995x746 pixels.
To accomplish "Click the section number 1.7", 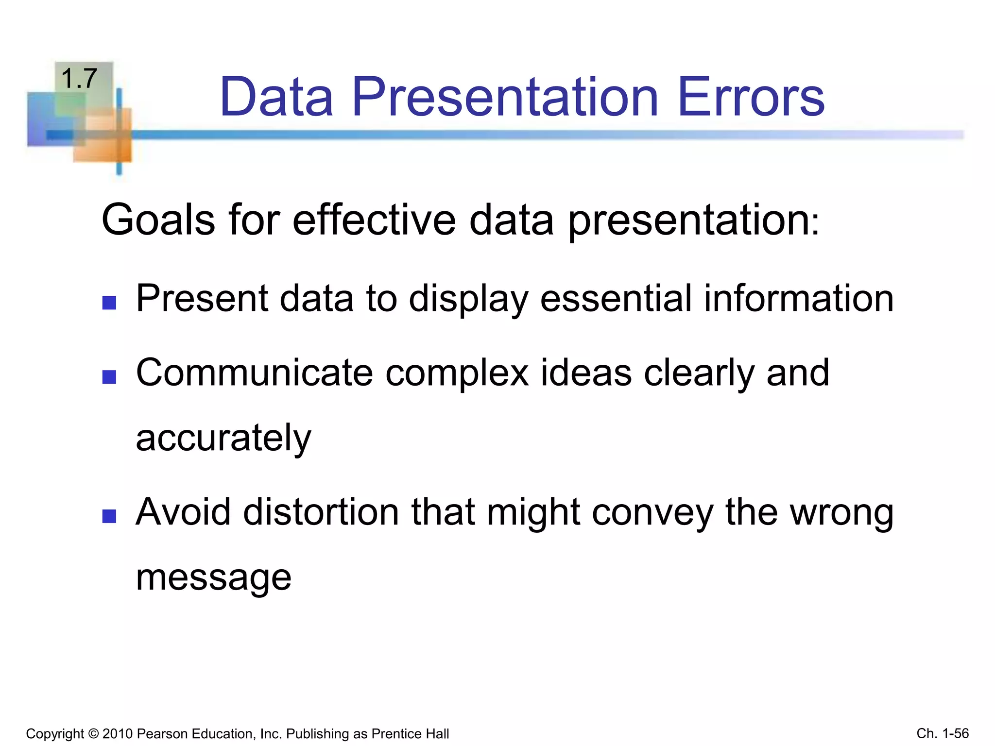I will click(79, 79).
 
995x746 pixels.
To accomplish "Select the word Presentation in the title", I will click(505, 97).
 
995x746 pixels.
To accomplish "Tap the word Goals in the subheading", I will click(158, 220).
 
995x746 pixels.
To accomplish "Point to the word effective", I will click(374, 220).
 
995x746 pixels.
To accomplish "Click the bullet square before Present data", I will click(109, 303).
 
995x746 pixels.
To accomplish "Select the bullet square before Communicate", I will click(109, 377).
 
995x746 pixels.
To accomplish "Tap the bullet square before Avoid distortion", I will click(109, 516).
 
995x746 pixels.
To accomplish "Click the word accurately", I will click(223, 438).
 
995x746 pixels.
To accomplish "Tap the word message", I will click(213, 578).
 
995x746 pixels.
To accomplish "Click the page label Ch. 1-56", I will click(943, 733).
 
